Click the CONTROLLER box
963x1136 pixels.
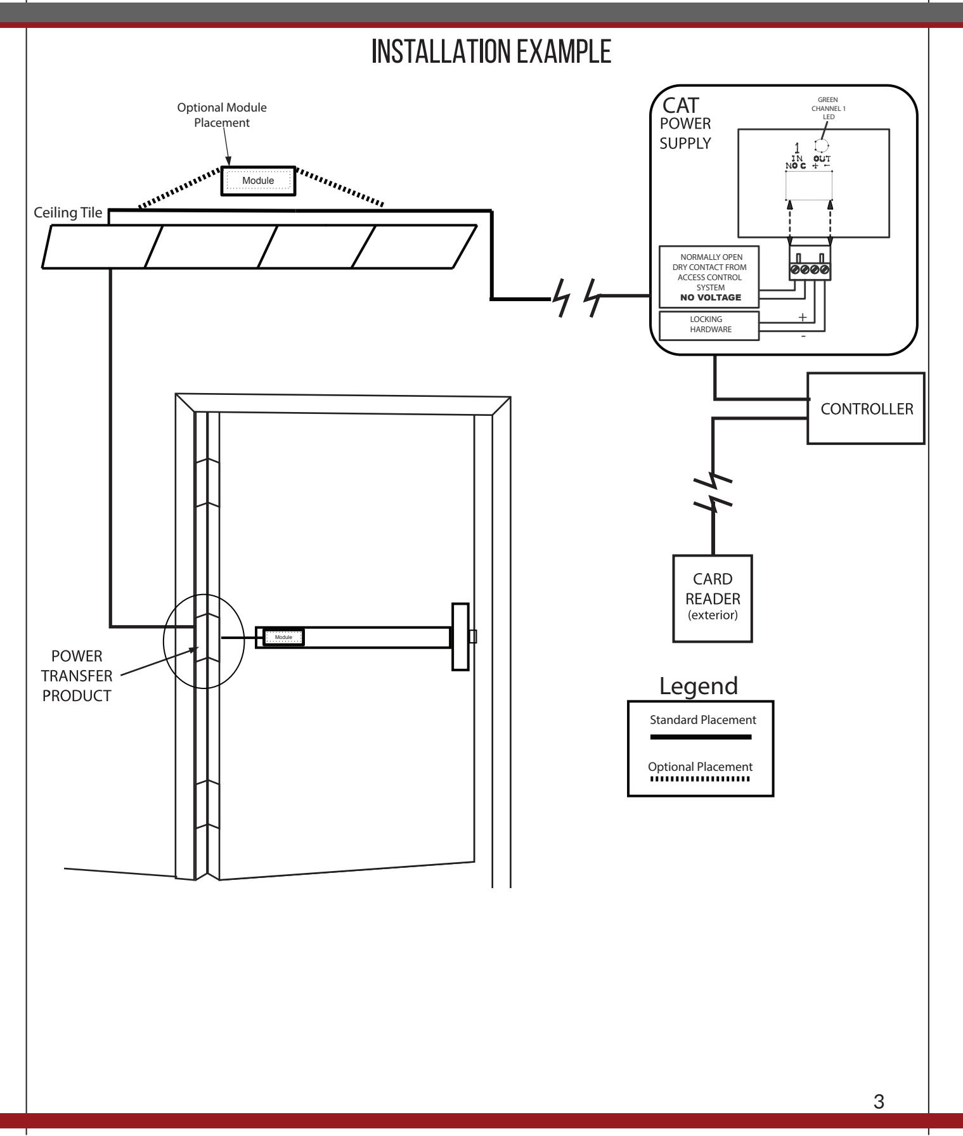[x=866, y=408]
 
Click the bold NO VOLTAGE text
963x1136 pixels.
[x=710, y=297]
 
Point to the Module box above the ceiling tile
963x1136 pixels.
[x=258, y=180]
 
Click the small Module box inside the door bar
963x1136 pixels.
[x=283, y=637]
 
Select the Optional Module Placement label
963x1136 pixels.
[x=222, y=115]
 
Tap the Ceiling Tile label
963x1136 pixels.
[x=67, y=212]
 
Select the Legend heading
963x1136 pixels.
[x=699, y=685]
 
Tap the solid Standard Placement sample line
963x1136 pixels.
[x=701, y=737]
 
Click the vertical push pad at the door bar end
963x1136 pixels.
[x=459, y=636]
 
